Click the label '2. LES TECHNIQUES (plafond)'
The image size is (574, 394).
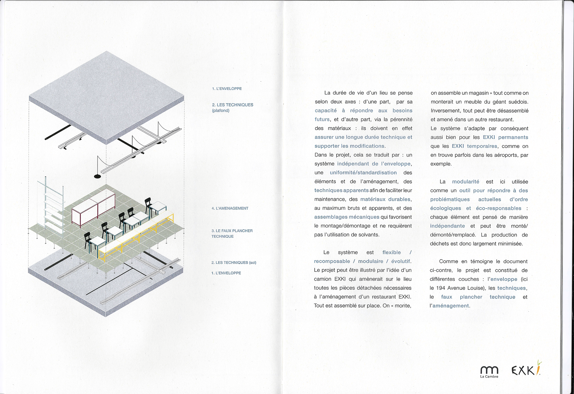click(x=232, y=107)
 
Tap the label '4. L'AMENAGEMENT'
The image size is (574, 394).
click(x=230, y=208)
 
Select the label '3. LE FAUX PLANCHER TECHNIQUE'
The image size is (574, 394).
click(x=232, y=233)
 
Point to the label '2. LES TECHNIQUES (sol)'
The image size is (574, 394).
click(x=234, y=262)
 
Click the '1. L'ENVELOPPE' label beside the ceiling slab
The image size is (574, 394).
click(x=227, y=89)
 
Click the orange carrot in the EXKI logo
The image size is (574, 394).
click(x=538, y=367)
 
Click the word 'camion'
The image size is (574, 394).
click(x=323, y=279)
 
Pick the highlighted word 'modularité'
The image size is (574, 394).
click(x=465, y=182)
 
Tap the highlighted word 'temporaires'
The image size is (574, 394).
click(x=482, y=146)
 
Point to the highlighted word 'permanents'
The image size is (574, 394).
click(x=513, y=137)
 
